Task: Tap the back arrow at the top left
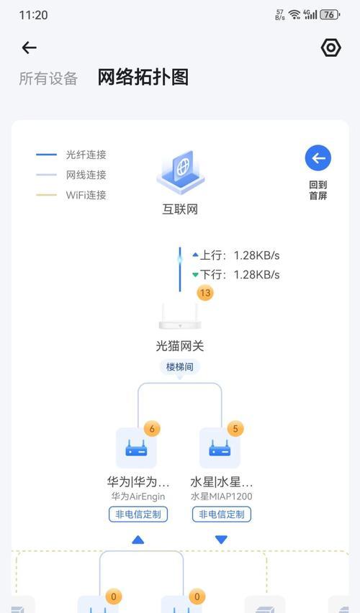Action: pos(29,47)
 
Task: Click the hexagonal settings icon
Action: pos(330,47)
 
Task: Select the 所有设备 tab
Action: pos(48,78)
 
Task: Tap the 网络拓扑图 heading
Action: pos(143,77)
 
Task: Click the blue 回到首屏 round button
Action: pos(318,158)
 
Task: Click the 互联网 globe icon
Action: pos(181,172)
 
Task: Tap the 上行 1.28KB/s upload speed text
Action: pos(236,255)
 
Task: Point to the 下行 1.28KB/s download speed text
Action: pos(236,275)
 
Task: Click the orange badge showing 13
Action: pos(205,293)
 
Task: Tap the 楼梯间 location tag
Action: pos(179,367)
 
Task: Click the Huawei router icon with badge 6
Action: pos(136,448)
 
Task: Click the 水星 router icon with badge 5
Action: pos(220,448)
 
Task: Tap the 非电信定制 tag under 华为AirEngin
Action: pos(138,514)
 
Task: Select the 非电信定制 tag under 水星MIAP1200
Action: pos(222,514)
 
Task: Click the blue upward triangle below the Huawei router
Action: pos(138,540)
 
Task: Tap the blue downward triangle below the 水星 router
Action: pos(221,540)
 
